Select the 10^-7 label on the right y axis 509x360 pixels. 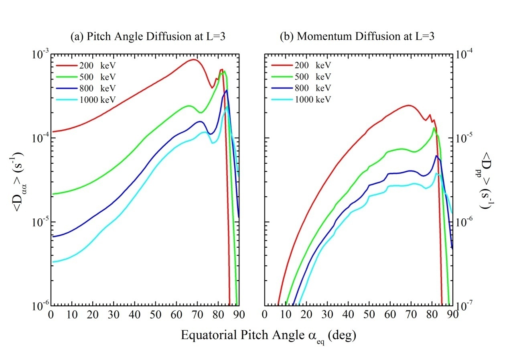[x=466, y=306]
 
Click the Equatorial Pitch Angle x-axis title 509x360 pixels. [x=268, y=336]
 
